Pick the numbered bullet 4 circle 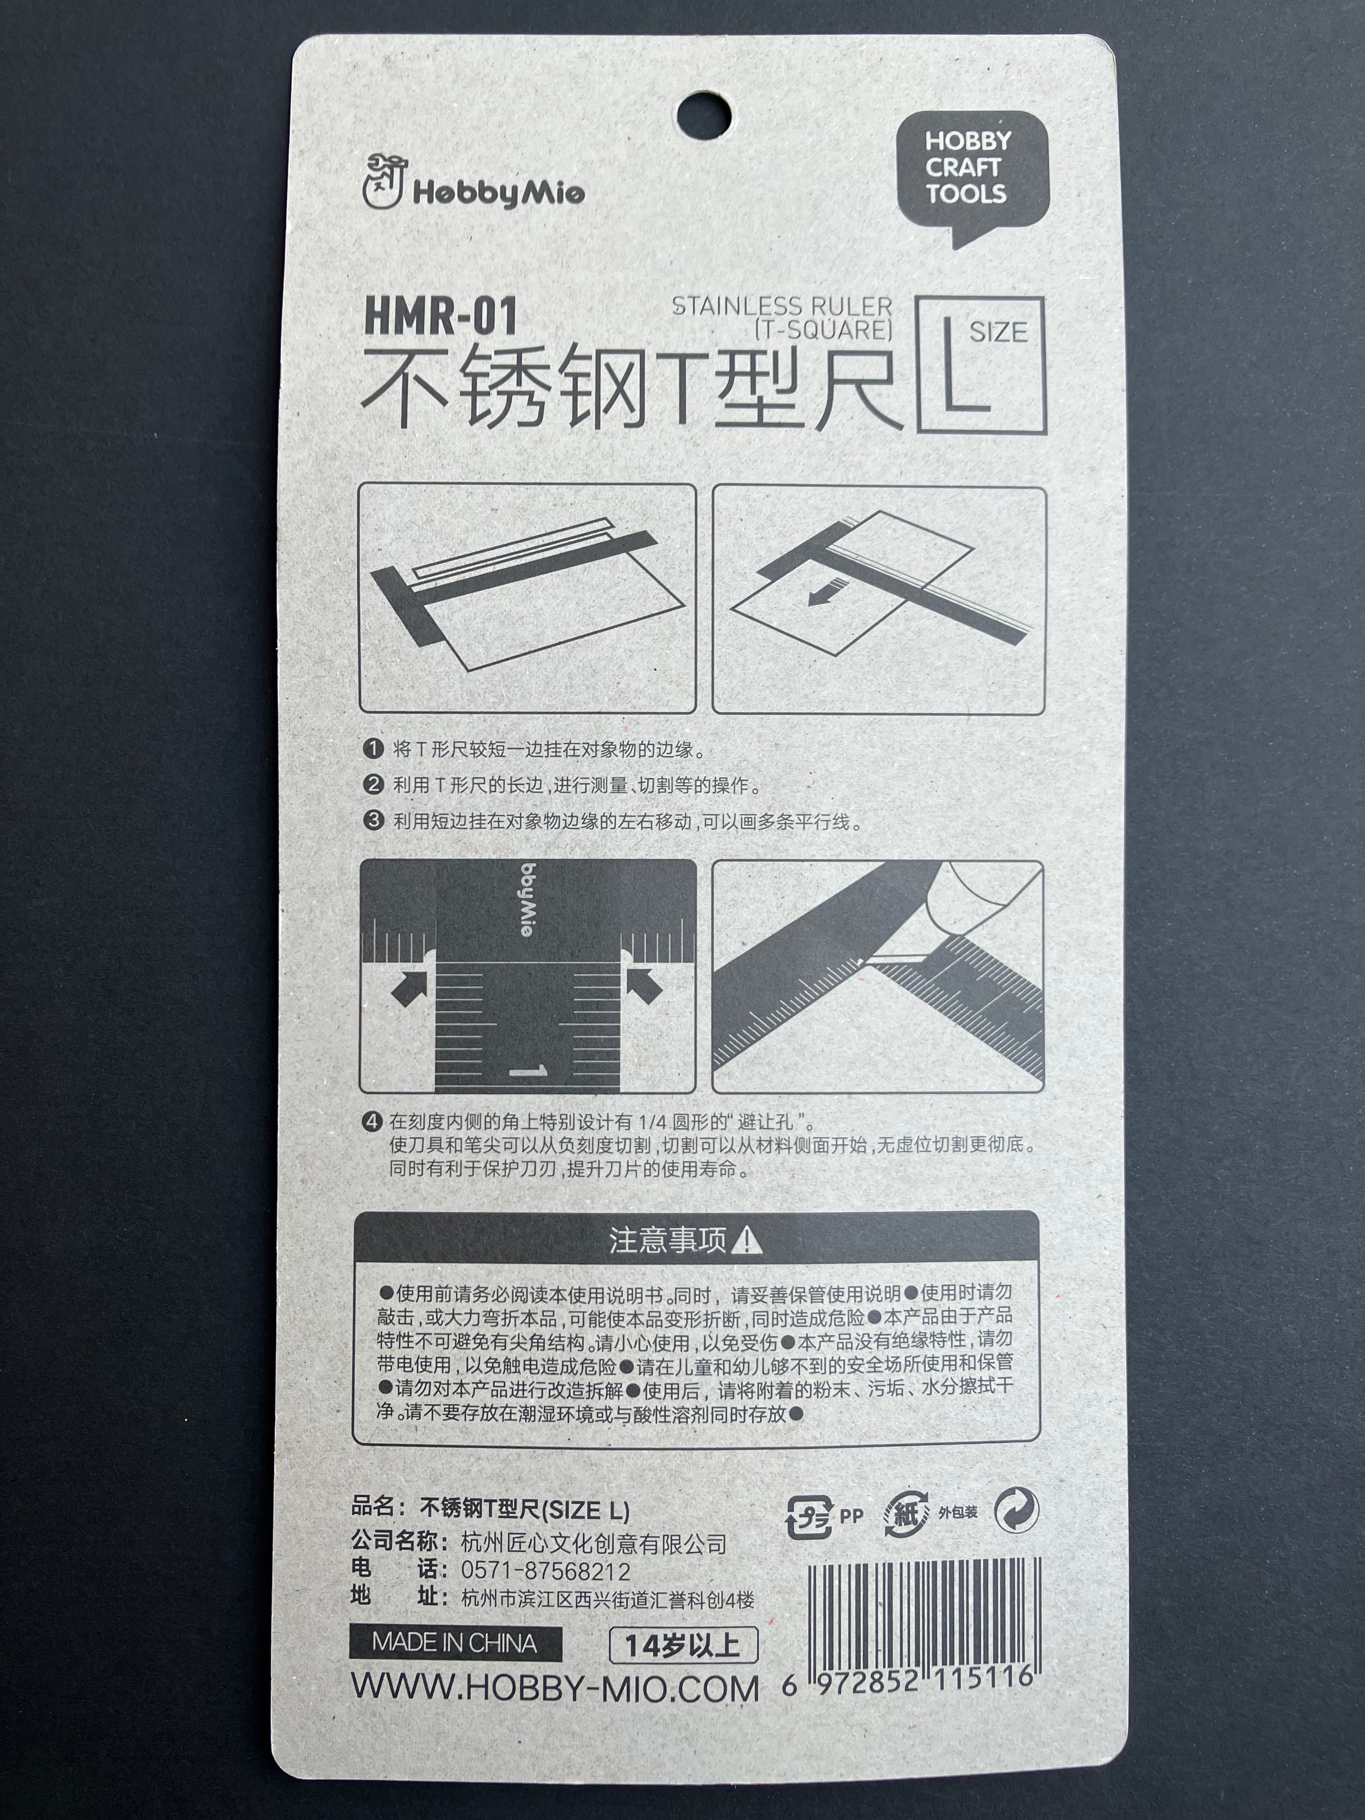[374, 1121]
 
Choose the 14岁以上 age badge [682, 1645]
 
